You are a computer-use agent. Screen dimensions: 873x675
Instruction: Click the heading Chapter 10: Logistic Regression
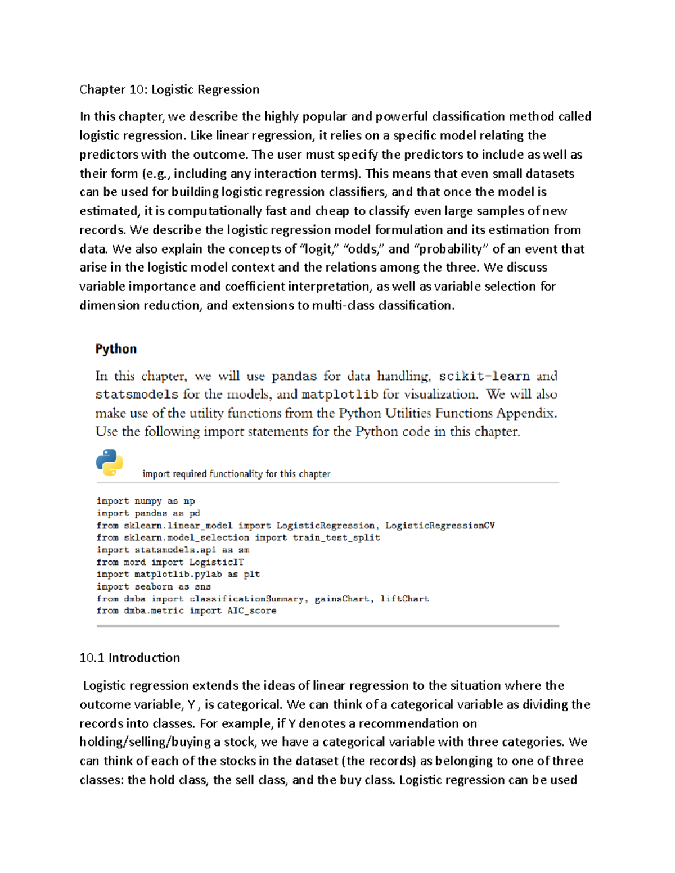coord(169,89)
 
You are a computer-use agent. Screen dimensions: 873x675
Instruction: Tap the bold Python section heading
coord(116,349)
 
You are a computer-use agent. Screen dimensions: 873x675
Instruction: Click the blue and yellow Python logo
coord(110,463)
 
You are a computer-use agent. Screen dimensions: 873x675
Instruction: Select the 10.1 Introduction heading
coord(129,658)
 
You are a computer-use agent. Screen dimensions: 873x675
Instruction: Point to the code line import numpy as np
coord(146,501)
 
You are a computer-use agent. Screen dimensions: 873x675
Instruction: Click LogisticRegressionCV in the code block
coord(440,526)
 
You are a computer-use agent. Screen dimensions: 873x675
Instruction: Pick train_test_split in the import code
coord(336,537)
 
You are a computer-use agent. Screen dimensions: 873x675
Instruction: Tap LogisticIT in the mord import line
coord(217,562)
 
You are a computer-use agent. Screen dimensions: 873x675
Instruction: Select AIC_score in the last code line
coord(251,610)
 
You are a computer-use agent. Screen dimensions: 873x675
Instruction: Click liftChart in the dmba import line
coord(404,599)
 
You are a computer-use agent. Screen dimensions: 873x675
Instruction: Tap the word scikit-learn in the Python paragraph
coord(484,376)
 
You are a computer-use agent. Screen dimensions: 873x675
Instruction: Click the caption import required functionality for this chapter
coord(236,474)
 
